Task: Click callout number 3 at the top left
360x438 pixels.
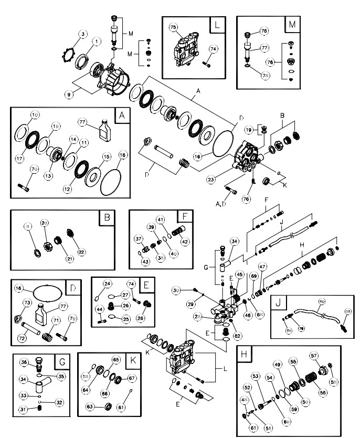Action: tap(82, 34)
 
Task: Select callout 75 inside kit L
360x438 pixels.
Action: tap(173, 27)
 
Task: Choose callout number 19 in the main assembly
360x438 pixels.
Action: tap(249, 129)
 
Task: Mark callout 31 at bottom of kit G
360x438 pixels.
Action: tap(23, 410)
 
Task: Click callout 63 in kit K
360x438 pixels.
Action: tap(90, 406)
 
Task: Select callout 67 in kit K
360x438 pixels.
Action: tap(132, 378)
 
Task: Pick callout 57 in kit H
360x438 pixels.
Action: tap(315, 356)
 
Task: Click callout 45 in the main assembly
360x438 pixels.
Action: tap(239, 274)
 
